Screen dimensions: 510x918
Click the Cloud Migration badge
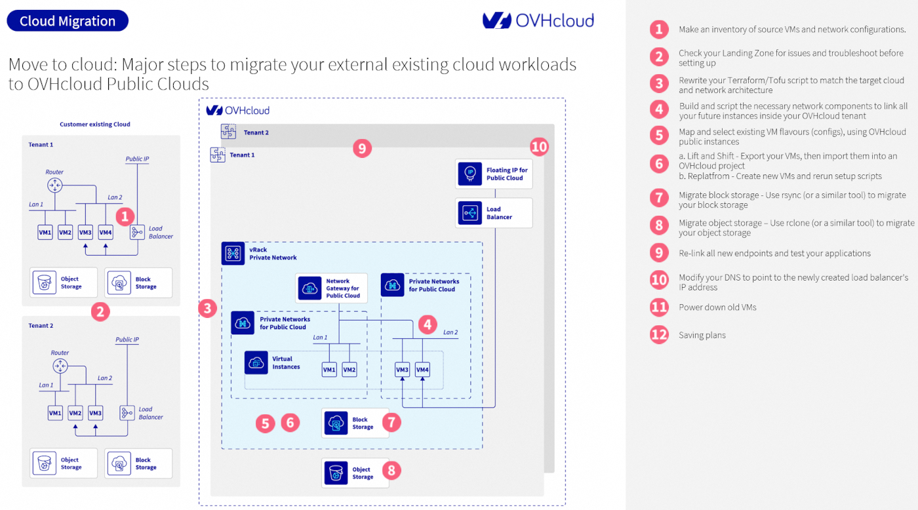[x=68, y=21]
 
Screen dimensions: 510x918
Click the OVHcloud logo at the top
[x=538, y=20]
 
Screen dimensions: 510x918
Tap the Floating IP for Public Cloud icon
[x=469, y=174]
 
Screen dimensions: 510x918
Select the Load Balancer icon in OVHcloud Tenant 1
[x=469, y=213]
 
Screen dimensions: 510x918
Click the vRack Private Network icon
[x=232, y=254]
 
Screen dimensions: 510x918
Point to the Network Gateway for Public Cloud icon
[x=309, y=288]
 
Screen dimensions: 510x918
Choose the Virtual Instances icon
[x=256, y=363]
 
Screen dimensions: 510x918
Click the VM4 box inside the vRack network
[x=422, y=370]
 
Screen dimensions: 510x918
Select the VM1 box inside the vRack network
[x=329, y=370]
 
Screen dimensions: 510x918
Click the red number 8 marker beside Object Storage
[x=391, y=470]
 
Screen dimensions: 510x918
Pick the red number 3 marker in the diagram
[x=207, y=308]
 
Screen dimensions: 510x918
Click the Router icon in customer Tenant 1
[x=54, y=186]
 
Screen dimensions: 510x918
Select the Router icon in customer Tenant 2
[x=60, y=366]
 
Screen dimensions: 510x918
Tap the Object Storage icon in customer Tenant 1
[x=43, y=283]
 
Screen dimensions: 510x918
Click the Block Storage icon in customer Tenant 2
[x=118, y=463]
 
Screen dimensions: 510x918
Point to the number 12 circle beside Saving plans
[x=659, y=334]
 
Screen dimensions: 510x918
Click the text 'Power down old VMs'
[x=717, y=307]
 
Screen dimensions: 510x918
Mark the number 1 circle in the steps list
[x=659, y=29]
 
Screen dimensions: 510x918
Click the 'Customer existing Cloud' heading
[x=95, y=125]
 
